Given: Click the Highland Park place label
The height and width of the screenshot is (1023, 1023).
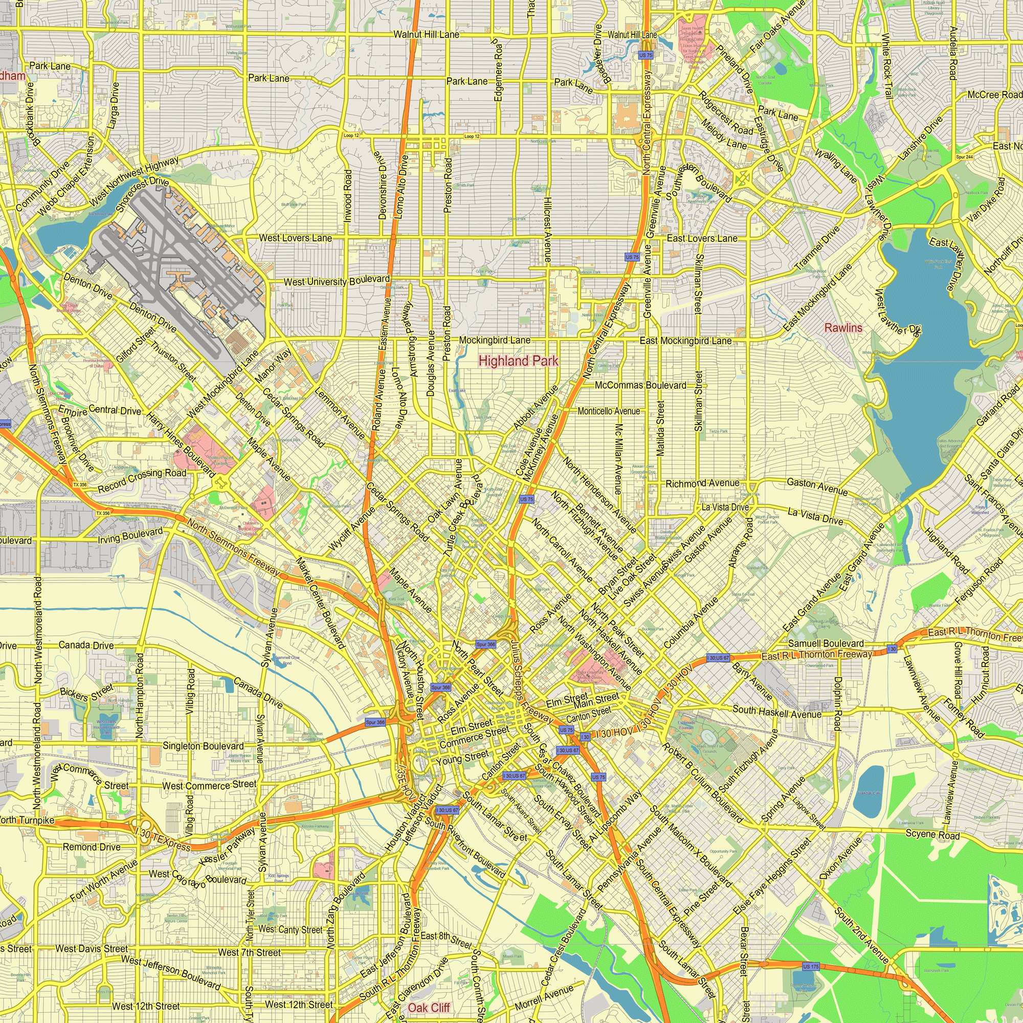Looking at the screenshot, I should point(518,361).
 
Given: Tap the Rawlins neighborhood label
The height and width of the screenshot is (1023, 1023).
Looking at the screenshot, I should point(843,328).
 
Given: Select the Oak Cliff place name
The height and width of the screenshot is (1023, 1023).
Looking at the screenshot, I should point(429,1008).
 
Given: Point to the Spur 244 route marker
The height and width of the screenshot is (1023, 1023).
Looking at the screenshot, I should point(964,157).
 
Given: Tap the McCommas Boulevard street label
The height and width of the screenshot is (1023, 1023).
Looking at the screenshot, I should point(640,386).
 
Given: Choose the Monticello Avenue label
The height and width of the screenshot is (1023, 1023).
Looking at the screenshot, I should point(608,411).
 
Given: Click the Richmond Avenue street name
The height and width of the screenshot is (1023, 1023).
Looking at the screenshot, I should point(702,483).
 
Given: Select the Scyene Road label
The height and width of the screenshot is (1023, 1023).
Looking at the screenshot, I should point(932,835).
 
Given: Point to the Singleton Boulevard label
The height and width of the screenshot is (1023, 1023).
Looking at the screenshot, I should point(203,746).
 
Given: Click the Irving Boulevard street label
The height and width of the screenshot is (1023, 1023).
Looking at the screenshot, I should point(130,536).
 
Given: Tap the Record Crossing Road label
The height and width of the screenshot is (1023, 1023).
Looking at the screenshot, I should point(142,480).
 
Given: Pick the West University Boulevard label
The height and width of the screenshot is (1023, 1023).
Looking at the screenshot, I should point(337,281).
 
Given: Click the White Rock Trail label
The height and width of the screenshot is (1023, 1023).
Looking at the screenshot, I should point(887,66).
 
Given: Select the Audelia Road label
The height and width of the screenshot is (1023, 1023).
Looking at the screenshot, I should point(952,53).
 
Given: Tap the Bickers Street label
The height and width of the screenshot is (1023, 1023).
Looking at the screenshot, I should point(86,692).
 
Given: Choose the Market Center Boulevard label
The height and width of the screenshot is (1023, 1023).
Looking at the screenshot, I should point(320,603).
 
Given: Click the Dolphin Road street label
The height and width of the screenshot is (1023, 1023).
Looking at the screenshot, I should point(837,704).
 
